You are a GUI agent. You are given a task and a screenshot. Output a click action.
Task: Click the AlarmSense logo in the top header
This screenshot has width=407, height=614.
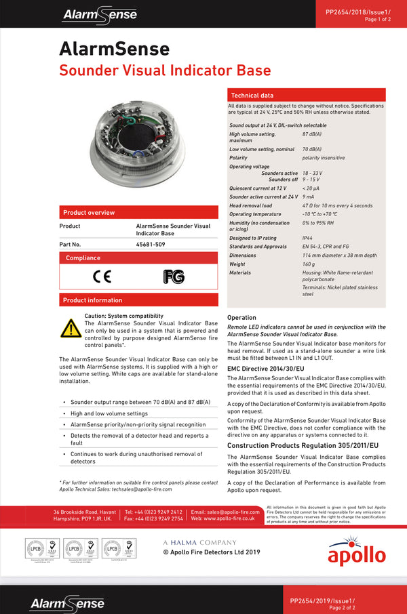[100, 14]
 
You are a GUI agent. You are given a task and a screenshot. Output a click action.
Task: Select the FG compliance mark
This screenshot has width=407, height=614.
[174, 277]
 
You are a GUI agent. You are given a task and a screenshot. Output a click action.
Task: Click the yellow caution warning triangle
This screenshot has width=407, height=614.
[71, 328]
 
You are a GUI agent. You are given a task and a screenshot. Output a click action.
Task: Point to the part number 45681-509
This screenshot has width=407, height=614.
[151, 244]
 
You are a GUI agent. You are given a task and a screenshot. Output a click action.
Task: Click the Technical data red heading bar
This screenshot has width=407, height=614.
[306, 96]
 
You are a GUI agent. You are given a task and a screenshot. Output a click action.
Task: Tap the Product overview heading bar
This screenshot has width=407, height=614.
[138, 212]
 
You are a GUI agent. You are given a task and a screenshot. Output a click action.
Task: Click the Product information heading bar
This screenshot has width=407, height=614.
[138, 300]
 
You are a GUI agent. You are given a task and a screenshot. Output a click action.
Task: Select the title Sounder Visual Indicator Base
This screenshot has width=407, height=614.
[165, 70]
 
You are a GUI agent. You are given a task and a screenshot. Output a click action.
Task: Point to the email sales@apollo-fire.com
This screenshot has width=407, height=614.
[225, 512]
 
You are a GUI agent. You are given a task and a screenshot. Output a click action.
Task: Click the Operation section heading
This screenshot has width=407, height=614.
[241, 317]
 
